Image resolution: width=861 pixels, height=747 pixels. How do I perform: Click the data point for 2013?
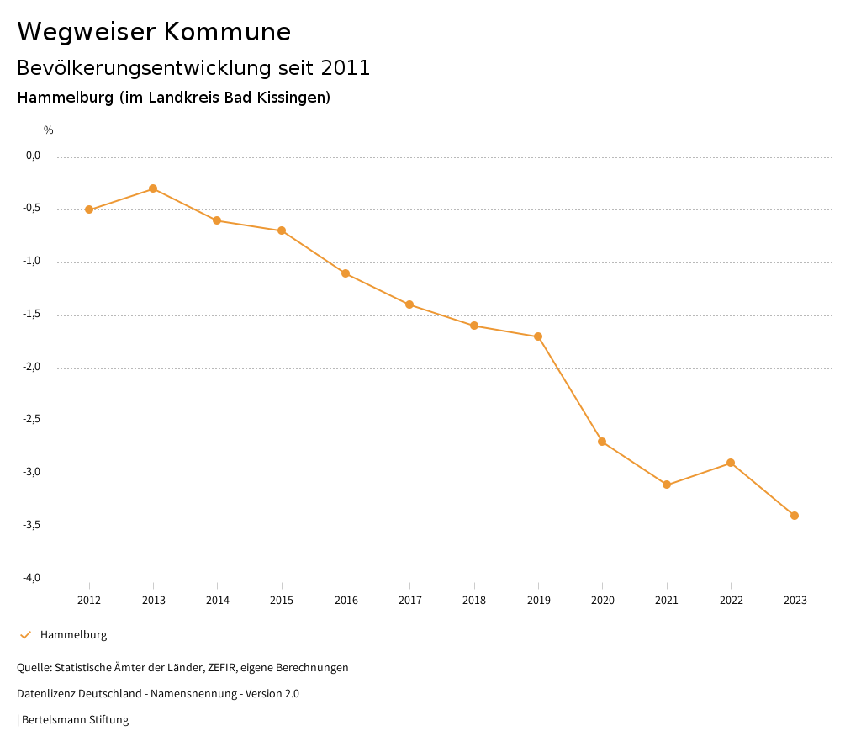(153, 188)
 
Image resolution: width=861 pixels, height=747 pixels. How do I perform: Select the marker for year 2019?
(538, 336)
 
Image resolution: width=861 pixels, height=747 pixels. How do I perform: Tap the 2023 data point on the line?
(795, 516)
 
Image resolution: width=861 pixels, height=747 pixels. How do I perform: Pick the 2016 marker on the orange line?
(346, 273)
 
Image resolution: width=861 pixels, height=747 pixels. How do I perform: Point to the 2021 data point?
(667, 485)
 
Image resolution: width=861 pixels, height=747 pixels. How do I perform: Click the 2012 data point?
(89, 209)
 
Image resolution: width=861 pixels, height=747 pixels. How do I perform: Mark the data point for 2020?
(602, 442)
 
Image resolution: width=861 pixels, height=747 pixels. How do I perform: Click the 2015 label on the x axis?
(282, 600)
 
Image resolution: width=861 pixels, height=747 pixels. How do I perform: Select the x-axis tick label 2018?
(474, 600)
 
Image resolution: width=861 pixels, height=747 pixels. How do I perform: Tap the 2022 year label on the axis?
(731, 600)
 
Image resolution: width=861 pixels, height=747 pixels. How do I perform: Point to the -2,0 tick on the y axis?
(33, 368)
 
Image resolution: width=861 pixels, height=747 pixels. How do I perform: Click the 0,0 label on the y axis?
(34, 156)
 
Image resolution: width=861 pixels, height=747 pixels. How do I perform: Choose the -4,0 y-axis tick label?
(33, 578)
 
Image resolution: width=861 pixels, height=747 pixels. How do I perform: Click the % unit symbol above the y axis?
(49, 130)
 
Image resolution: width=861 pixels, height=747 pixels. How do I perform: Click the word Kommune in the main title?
(227, 32)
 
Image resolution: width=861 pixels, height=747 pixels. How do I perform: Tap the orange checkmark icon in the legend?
(25, 635)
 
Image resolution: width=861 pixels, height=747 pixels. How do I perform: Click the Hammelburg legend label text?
(74, 635)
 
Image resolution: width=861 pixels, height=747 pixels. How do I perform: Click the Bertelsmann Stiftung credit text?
(75, 720)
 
